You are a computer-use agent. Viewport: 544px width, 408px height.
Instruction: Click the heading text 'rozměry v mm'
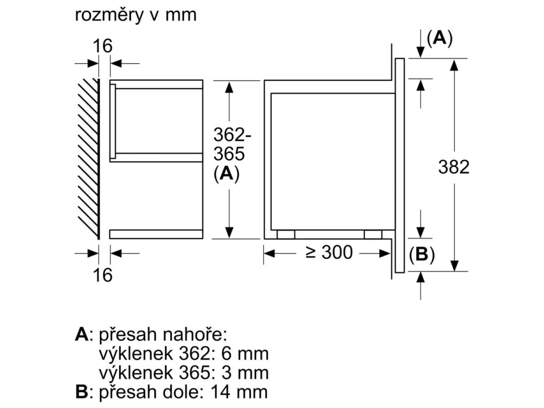(x=135, y=15)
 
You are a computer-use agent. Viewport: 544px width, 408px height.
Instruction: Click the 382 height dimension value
(x=454, y=167)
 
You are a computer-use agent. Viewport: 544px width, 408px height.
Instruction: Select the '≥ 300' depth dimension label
(x=329, y=253)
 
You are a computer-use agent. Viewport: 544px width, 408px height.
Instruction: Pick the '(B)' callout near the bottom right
(x=422, y=255)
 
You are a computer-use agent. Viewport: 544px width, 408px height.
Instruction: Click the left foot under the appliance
(x=286, y=235)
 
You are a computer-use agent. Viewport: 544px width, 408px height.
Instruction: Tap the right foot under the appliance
(x=373, y=235)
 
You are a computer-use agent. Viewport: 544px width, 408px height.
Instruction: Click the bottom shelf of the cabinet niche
(x=156, y=234)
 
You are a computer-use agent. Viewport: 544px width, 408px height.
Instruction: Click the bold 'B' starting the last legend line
(x=81, y=393)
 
